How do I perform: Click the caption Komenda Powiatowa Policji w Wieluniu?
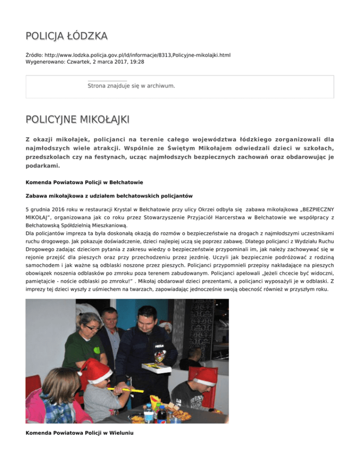point(79,433)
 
